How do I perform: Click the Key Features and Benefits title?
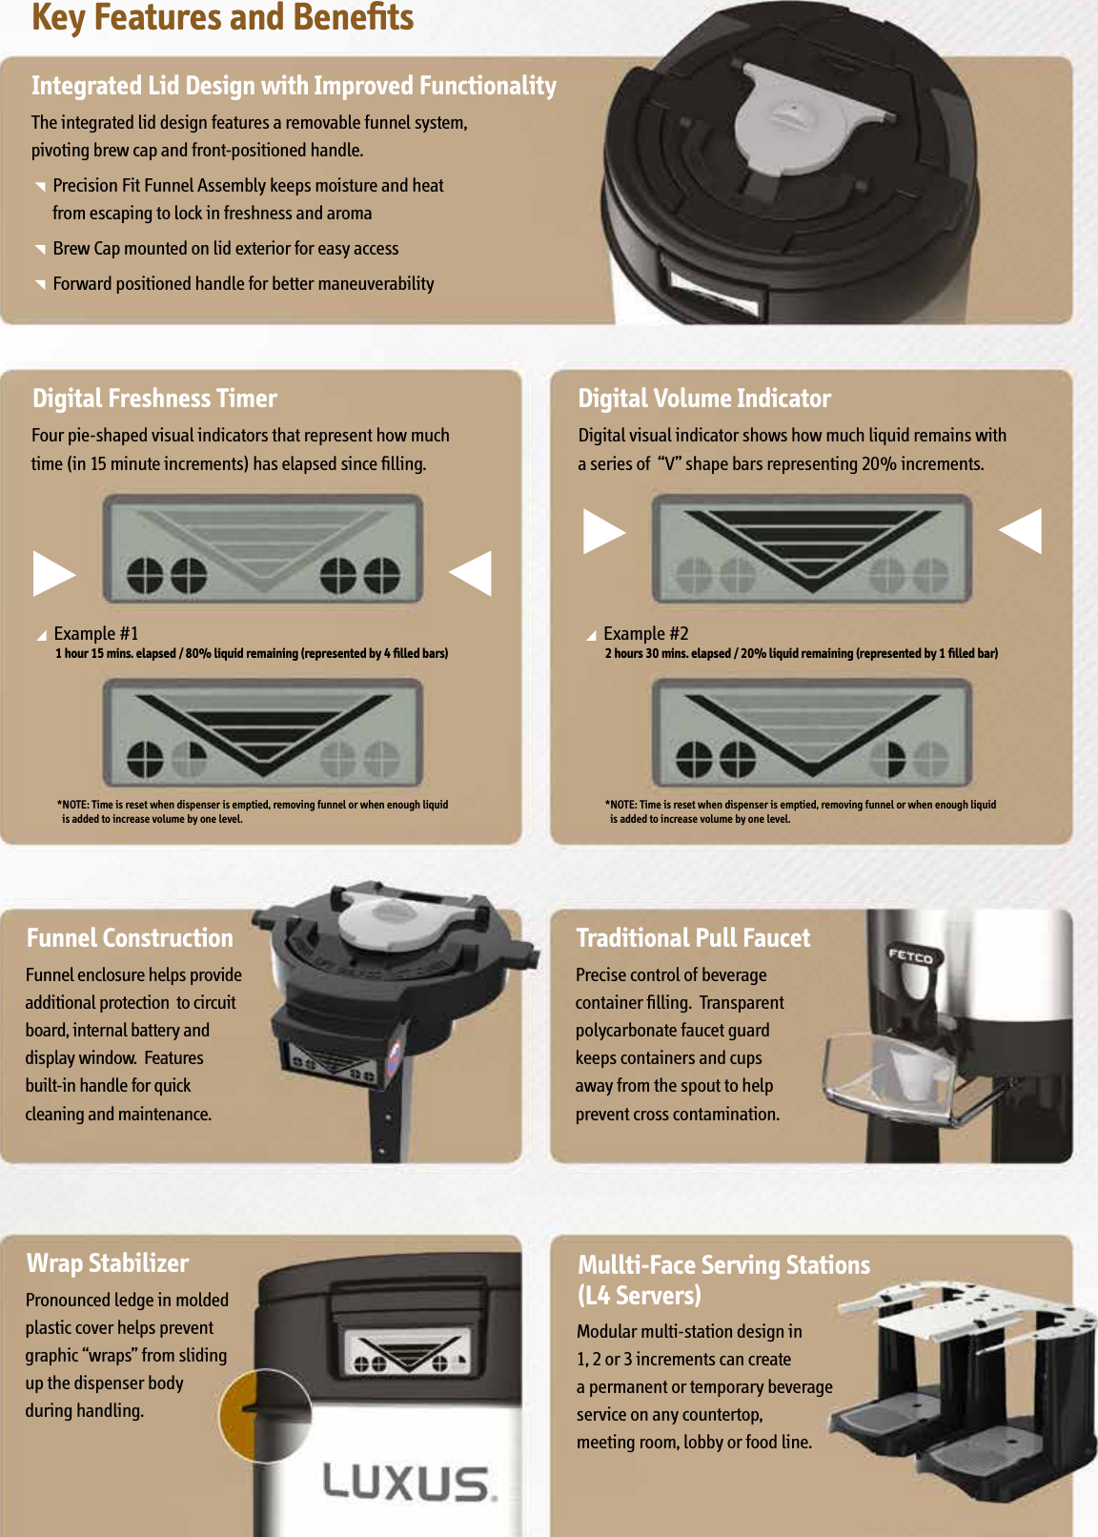click(222, 18)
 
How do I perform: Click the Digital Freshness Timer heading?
click(154, 399)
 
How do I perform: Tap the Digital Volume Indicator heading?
click(704, 399)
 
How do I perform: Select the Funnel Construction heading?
click(130, 938)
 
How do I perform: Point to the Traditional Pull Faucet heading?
click(693, 938)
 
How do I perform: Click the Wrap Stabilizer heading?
click(108, 1263)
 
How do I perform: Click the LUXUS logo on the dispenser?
click(409, 1483)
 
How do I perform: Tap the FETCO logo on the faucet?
click(910, 955)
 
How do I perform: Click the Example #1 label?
click(96, 634)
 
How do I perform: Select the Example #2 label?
click(645, 634)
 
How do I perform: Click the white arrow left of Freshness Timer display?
click(53, 573)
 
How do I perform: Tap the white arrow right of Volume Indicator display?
click(1021, 531)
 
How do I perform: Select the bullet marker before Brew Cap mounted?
click(40, 250)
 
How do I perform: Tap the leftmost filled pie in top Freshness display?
click(146, 574)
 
